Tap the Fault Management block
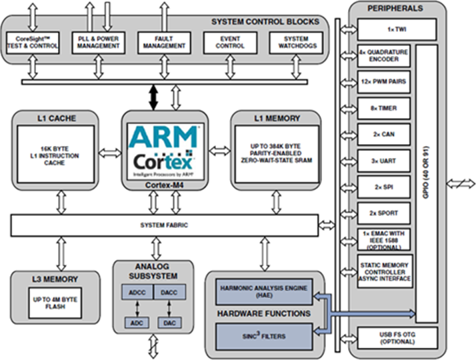click(x=163, y=43)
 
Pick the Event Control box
click(x=231, y=43)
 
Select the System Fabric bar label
click(x=163, y=225)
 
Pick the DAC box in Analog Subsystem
click(x=167, y=323)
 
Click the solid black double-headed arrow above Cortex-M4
click(x=153, y=97)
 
